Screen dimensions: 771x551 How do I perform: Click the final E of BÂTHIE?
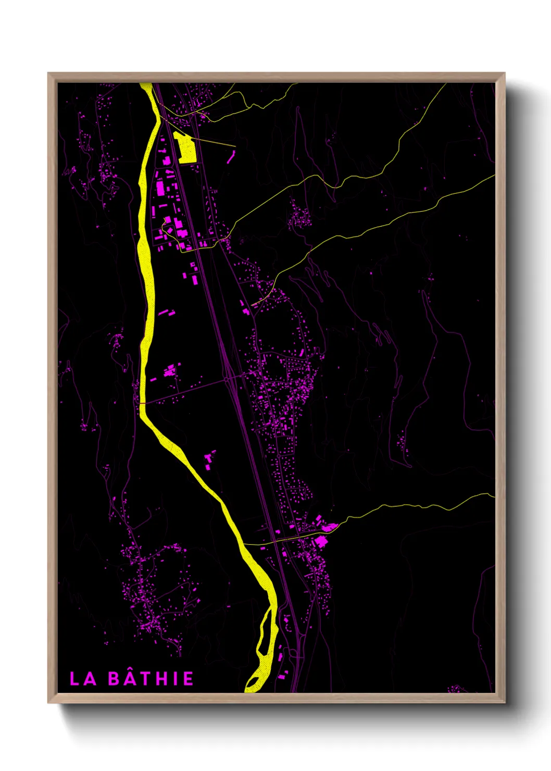click(188, 679)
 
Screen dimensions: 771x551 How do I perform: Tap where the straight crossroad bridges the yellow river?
click(142, 403)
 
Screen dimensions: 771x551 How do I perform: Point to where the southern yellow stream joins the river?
click(244, 543)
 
